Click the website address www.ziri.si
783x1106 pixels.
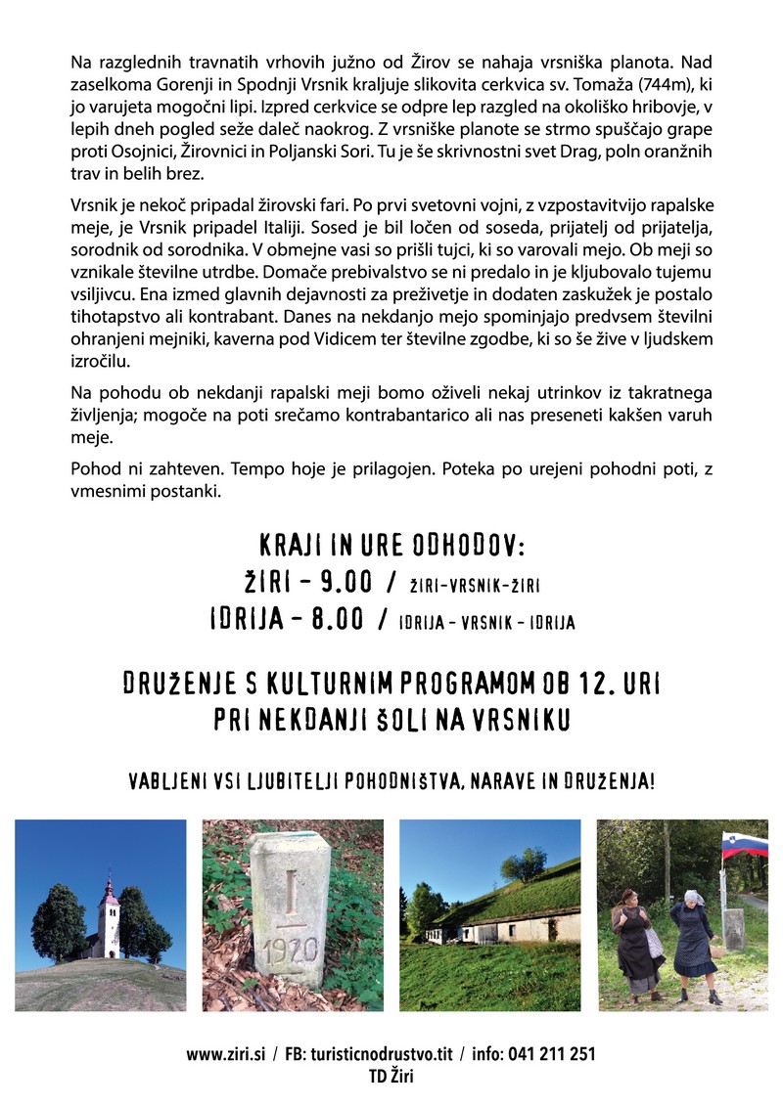[x=225, y=1054]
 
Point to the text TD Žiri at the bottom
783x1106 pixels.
[x=391, y=1076]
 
